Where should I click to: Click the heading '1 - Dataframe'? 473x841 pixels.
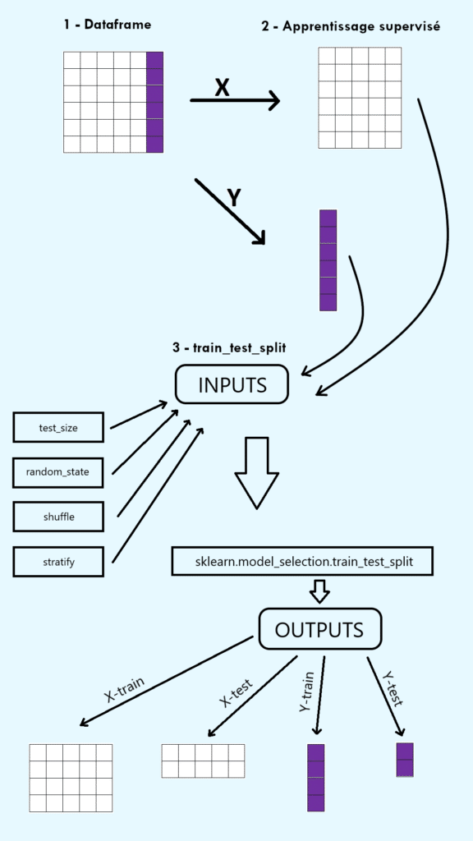(107, 25)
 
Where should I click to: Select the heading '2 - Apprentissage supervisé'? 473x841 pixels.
(351, 26)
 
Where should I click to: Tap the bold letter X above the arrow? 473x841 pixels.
(222, 87)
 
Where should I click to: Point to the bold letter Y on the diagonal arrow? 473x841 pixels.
(234, 197)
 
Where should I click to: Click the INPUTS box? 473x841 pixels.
(232, 384)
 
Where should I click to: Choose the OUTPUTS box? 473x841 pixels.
(319, 630)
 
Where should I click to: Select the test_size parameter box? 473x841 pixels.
(58, 428)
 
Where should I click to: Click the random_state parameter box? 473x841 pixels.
(58, 472)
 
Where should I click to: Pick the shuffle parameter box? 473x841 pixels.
(58, 517)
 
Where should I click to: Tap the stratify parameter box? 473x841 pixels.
(58, 561)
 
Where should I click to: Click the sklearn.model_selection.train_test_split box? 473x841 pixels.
(302, 561)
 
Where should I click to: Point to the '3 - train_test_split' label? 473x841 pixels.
(229, 347)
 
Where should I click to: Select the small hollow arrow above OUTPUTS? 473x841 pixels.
(319, 591)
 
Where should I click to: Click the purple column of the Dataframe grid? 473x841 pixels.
(154, 102)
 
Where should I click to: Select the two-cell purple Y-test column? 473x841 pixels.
(404, 760)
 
